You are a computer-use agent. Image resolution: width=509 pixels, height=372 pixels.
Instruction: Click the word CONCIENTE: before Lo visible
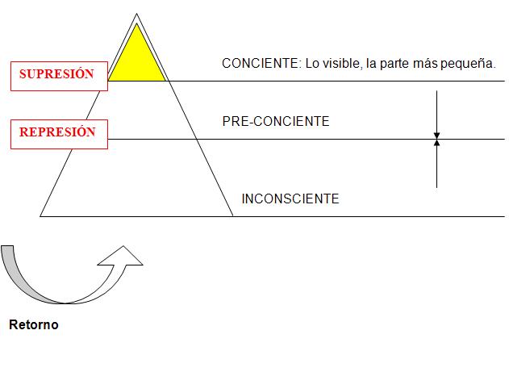[261, 64]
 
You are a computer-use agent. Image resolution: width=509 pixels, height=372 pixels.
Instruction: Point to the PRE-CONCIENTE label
[276, 122]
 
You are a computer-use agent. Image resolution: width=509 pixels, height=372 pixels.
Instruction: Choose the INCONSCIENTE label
[290, 199]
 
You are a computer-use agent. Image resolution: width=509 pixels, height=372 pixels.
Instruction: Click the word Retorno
[34, 326]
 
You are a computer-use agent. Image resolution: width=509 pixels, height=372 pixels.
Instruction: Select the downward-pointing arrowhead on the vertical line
[436, 135]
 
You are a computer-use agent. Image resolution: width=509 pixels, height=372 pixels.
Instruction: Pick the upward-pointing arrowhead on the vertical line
[436, 144]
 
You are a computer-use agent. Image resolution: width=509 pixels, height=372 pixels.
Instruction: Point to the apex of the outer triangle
[136, 15]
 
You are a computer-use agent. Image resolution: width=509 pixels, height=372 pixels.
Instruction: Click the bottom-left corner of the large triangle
[41, 215]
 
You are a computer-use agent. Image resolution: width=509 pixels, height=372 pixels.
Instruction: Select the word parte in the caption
[394, 64]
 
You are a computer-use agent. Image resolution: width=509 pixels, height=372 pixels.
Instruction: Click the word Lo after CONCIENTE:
[312, 64]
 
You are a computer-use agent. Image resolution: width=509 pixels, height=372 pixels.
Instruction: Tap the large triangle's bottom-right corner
[232, 215]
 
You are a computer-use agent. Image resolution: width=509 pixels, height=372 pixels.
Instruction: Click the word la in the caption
[370, 64]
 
